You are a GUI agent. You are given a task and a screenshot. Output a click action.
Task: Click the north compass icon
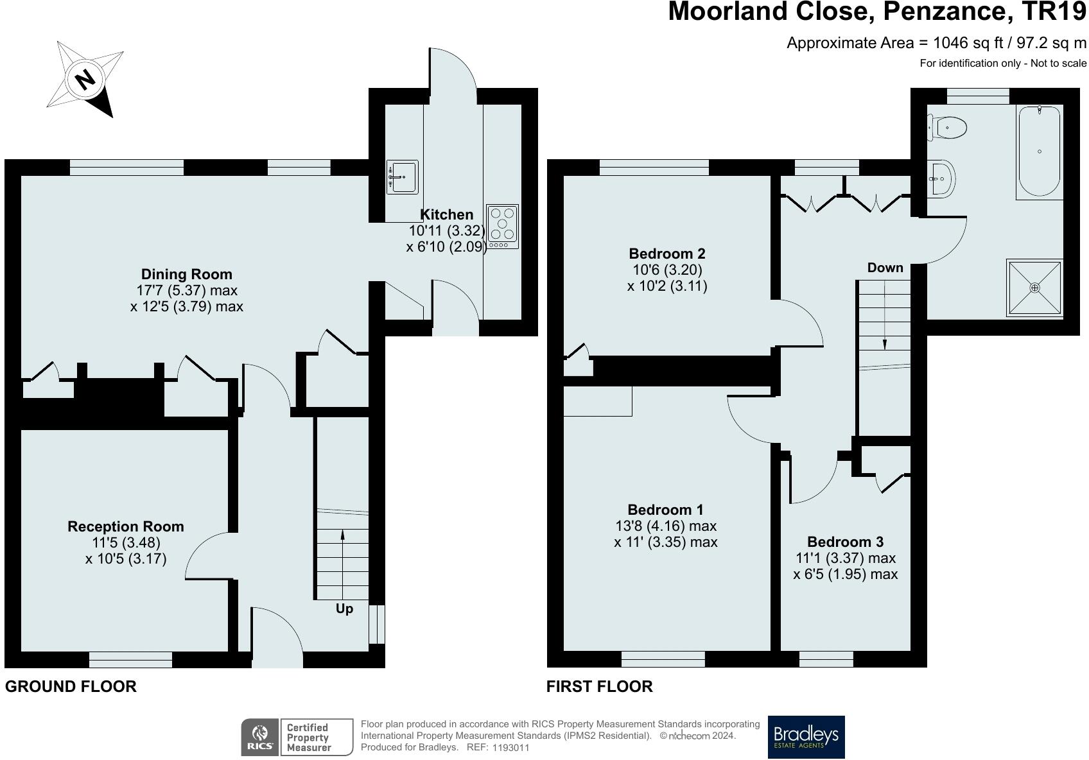pyautogui.click(x=85, y=80)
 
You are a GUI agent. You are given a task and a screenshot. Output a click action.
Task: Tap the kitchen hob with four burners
pyautogui.click(x=502, y=226)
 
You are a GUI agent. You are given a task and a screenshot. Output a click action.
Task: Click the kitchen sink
pyautogui.click(x=402, y=177)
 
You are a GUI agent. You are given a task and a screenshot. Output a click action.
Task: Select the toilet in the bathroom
pyautogui.click(x=948, y=127)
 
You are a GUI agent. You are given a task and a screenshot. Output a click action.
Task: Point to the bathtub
pyautogui.click(x=1038, y=152)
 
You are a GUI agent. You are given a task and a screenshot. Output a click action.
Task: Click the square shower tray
pyautogui.click(x=1034, y=288)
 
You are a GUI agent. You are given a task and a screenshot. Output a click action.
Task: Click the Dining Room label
pyautogui.click(x=186, y=274)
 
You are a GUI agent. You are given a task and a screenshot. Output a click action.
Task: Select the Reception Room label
pyautogui.click(x=126, y=526)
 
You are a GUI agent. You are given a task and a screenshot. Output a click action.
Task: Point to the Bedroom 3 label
pyautogui.click(x=845, y=542)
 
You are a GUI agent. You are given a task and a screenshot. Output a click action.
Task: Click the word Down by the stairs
pyautogui.click(x=885, y=268)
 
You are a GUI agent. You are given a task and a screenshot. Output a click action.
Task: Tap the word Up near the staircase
pyautogui.click(x=344, y=609)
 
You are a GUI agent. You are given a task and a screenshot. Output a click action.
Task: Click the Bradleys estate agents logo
pyautogui.click(x=806, y=737)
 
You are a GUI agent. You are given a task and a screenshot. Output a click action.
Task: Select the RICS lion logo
pyautogui.click(x=260, y=737)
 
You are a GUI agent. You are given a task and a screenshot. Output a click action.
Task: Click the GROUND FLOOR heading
pyautogui.click(x=71, y=686)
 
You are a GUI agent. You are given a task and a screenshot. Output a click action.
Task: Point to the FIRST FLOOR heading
pyautogui.click(x=599, y=686)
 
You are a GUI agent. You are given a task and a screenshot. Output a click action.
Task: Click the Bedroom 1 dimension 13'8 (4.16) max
pyautogui.click(x=665, y=526)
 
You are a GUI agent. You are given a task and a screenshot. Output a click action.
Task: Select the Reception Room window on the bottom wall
pyautogui.click(x=130, y=659)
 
